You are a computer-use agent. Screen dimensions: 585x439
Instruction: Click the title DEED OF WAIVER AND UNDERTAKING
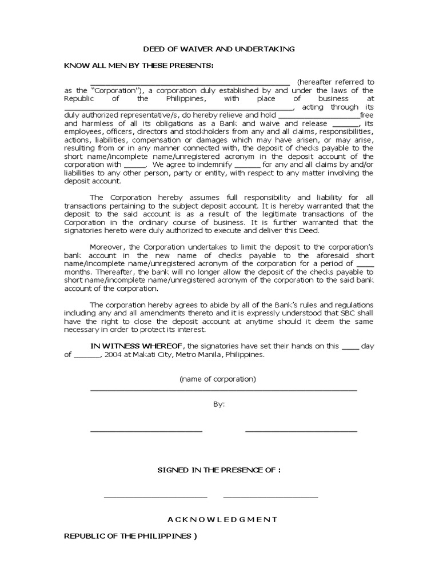click(x=219, y=49)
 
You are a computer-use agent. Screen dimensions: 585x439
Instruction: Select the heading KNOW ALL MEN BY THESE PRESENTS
click(x=138, y=66)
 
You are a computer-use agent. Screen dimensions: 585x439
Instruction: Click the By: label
click(x=219, y=404)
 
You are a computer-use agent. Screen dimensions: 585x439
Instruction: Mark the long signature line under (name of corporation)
click(x=224, y=390)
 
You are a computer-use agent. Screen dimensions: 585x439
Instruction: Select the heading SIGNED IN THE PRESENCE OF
click(x=219, y=470)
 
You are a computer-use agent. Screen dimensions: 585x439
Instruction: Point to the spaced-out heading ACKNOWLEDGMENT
click(x=222, y=519)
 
